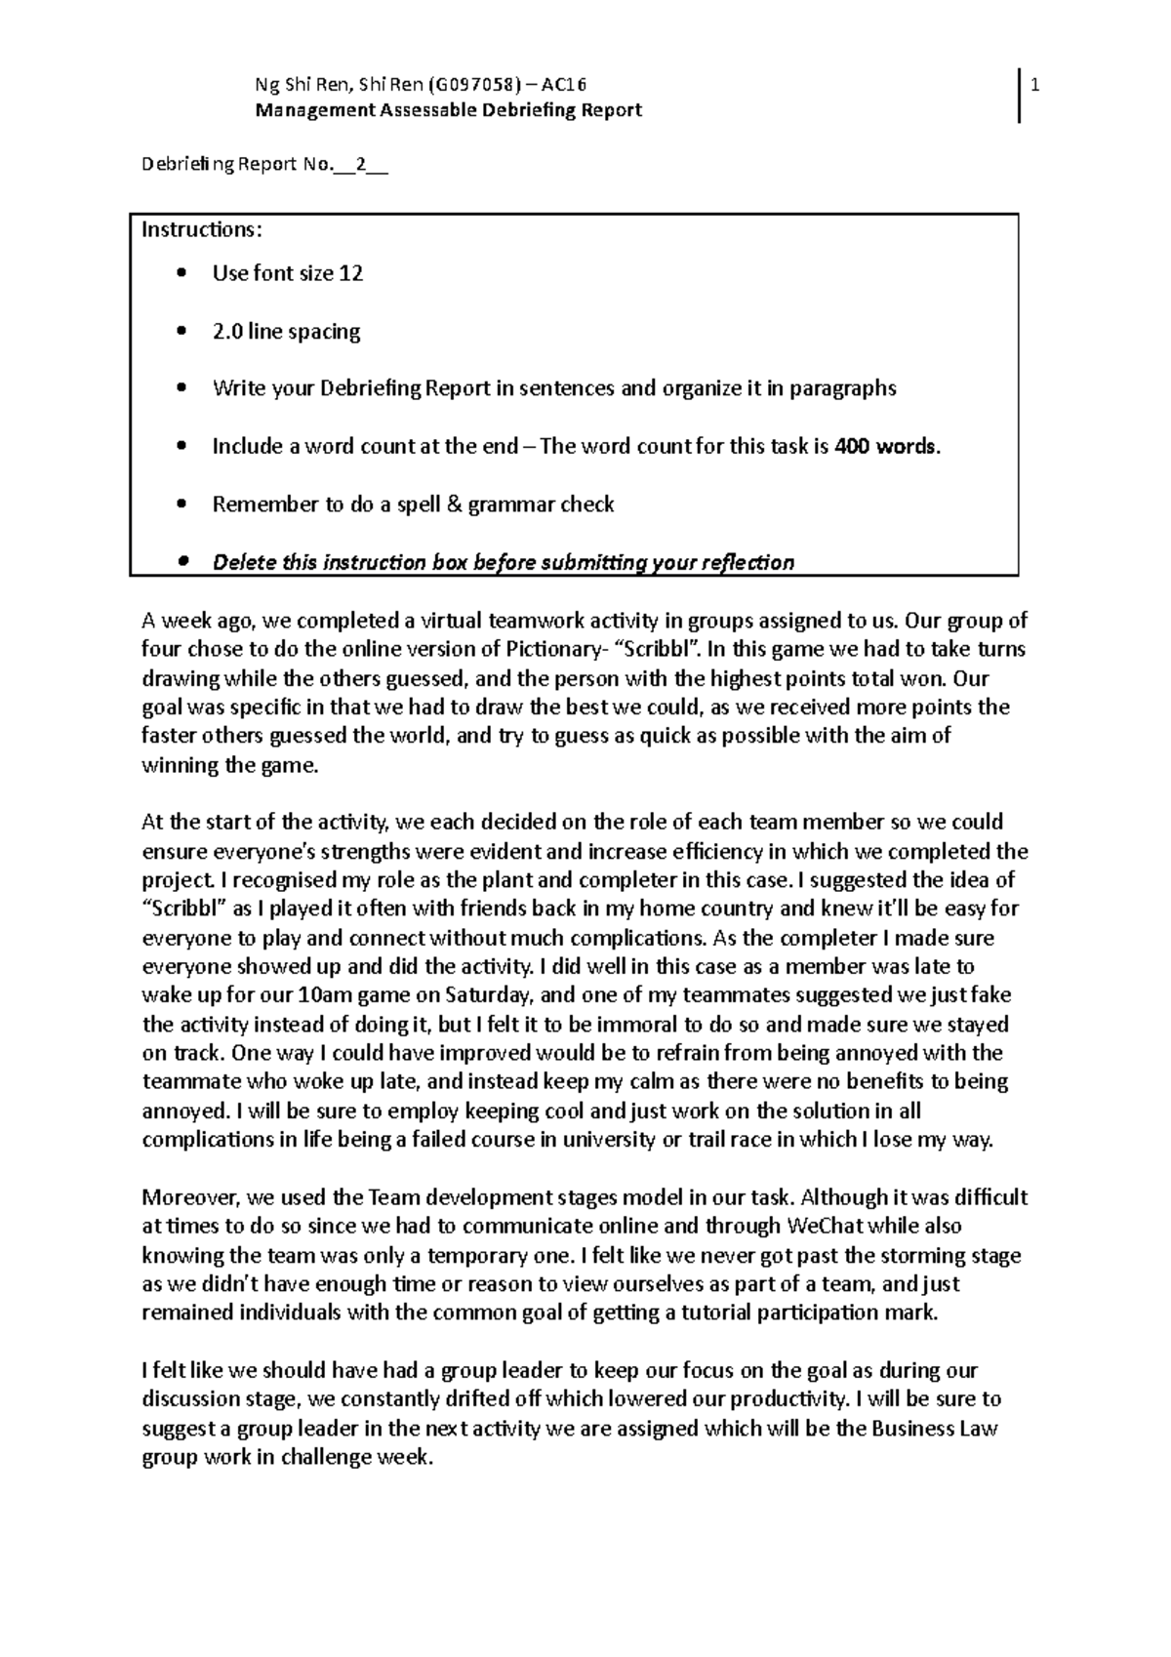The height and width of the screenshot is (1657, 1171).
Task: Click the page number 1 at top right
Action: click(x=1035, y=86)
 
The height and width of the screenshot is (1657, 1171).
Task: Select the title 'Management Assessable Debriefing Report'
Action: click(x=448, y=110)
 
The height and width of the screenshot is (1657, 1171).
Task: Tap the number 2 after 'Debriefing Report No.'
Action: click(x=362, y=165)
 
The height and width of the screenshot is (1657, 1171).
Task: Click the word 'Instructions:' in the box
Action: click(x=202, y=230)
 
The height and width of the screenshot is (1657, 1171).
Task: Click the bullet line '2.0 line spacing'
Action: click(x=286, y=332)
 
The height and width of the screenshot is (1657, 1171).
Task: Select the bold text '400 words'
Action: click(x=889, y=447)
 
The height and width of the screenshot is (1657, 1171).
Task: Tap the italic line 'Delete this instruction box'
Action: click(x=503, y=562)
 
